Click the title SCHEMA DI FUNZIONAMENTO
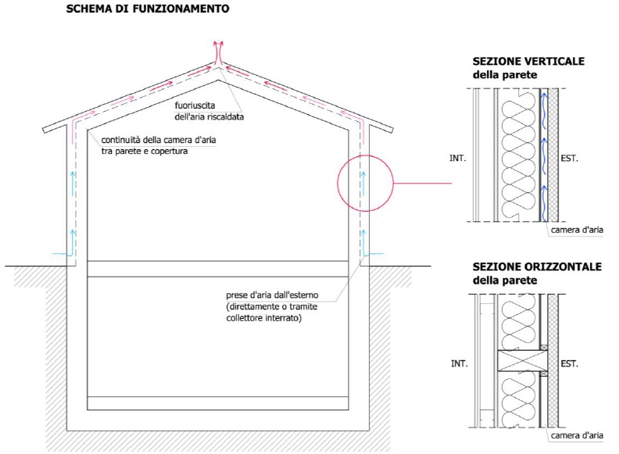click(148, 9)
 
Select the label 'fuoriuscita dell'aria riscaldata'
click(209, 111)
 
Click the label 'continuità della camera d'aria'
click(159, 140)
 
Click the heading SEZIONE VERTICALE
click(528, 62)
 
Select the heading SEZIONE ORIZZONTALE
click(537, 267)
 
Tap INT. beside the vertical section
click(457, 159)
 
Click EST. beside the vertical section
click(569, 159)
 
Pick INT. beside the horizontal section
click(459, 363)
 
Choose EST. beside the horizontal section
click(569, 363)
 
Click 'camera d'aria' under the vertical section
click(577, 230)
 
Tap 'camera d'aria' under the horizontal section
click(577, 435)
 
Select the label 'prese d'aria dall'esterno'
click(272, 295)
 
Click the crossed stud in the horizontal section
click(522, 361)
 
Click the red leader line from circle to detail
click(422, 183)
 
